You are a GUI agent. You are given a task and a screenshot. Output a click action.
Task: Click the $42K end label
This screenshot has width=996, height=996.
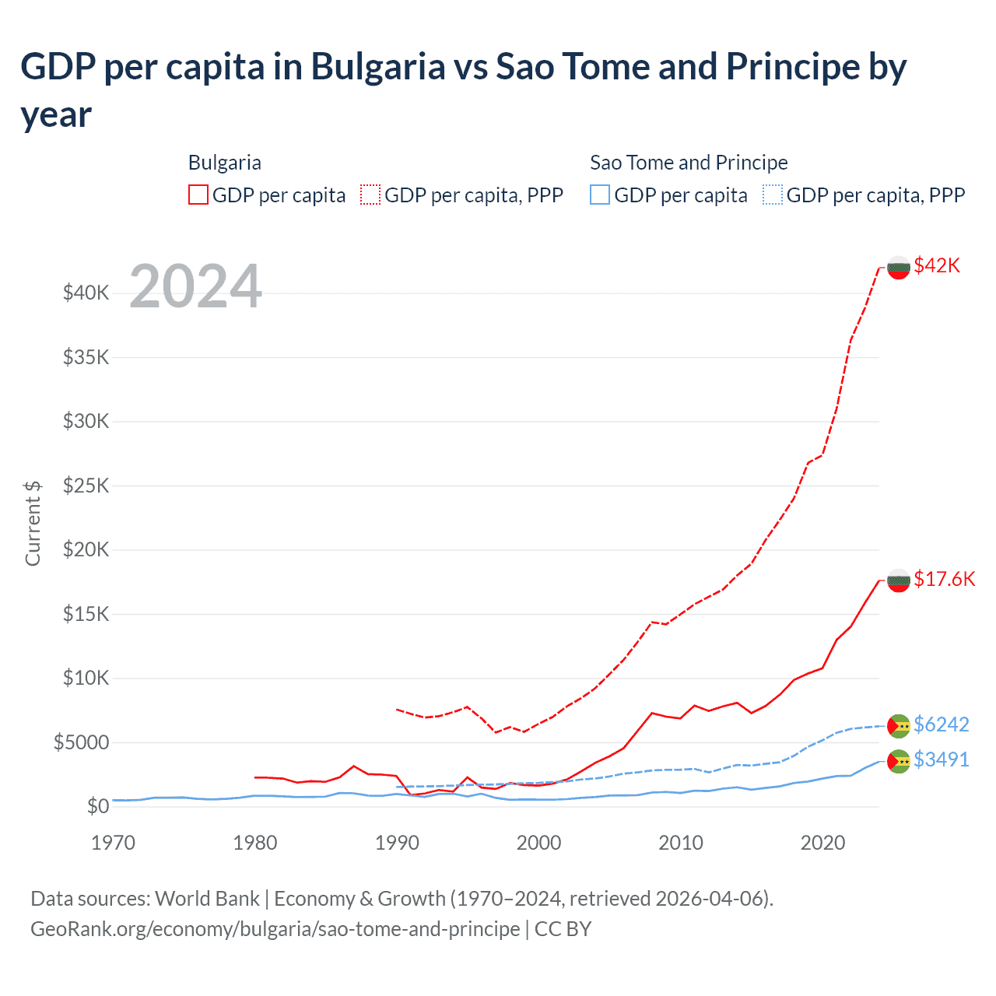point(937,266)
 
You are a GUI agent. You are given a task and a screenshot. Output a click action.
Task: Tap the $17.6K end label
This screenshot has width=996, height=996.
point(944,580)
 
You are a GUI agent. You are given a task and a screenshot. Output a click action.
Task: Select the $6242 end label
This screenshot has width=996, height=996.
point(941,725)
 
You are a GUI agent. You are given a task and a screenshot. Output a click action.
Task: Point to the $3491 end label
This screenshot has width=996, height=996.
point(941,760)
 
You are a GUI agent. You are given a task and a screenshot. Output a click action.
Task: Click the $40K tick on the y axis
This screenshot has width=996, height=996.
point(86,293)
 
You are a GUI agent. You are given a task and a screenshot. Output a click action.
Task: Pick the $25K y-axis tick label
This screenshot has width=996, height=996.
point(86,486)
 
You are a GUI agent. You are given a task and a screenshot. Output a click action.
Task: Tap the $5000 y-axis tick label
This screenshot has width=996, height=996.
point(81,743)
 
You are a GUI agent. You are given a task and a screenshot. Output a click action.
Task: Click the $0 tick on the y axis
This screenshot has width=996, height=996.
point(97,807)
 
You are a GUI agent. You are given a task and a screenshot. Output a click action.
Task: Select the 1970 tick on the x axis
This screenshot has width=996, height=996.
point(113,843)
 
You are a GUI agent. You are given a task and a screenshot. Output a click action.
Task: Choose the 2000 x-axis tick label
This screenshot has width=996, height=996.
point(538,843)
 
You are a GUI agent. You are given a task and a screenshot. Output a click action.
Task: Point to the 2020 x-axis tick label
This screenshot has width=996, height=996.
point(822,843)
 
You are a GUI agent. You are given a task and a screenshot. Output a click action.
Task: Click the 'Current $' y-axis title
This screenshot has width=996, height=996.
point(33,523)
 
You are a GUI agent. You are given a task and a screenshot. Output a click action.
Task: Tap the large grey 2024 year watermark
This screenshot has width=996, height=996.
point(195,287)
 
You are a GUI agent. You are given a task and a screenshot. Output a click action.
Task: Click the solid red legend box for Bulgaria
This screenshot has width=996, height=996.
point(198,195)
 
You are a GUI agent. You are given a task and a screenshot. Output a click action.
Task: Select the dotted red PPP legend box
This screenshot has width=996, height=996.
point(370,195)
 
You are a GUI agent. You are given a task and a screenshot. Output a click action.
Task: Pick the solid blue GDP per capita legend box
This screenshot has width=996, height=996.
point(600,195)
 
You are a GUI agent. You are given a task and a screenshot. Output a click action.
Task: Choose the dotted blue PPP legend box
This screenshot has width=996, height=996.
point(773,195)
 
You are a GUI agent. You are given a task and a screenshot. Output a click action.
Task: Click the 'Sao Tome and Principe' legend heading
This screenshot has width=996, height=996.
point(689,163)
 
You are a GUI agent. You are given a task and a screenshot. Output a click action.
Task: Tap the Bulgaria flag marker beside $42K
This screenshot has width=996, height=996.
point(899,267)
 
